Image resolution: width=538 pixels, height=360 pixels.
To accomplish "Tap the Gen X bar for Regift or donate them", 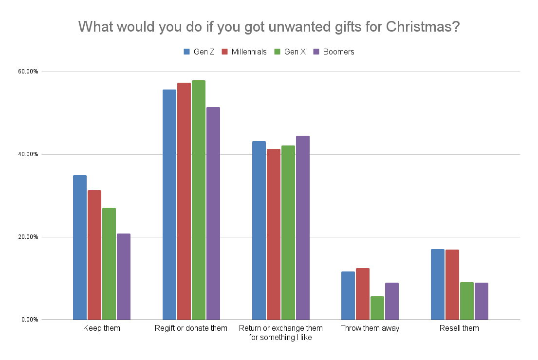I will click(198, 200).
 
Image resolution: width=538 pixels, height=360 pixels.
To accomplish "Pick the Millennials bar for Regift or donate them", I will click(184, 201).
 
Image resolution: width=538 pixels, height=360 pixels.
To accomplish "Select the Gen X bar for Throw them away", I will click(377, 308).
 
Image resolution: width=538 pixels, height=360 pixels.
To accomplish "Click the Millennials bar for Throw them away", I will click(363, 294).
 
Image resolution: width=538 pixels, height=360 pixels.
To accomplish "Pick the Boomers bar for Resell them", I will click(482, 301).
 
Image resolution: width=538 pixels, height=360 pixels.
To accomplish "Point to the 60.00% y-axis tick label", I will click(28, 72).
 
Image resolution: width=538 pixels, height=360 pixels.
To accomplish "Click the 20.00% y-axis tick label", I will click(28, 237).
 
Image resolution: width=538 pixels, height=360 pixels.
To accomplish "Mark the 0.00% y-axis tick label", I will click(30, 320).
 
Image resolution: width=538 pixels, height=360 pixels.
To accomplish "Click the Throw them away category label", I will click(370, 328).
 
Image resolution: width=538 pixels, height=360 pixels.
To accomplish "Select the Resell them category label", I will click(459, 328).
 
